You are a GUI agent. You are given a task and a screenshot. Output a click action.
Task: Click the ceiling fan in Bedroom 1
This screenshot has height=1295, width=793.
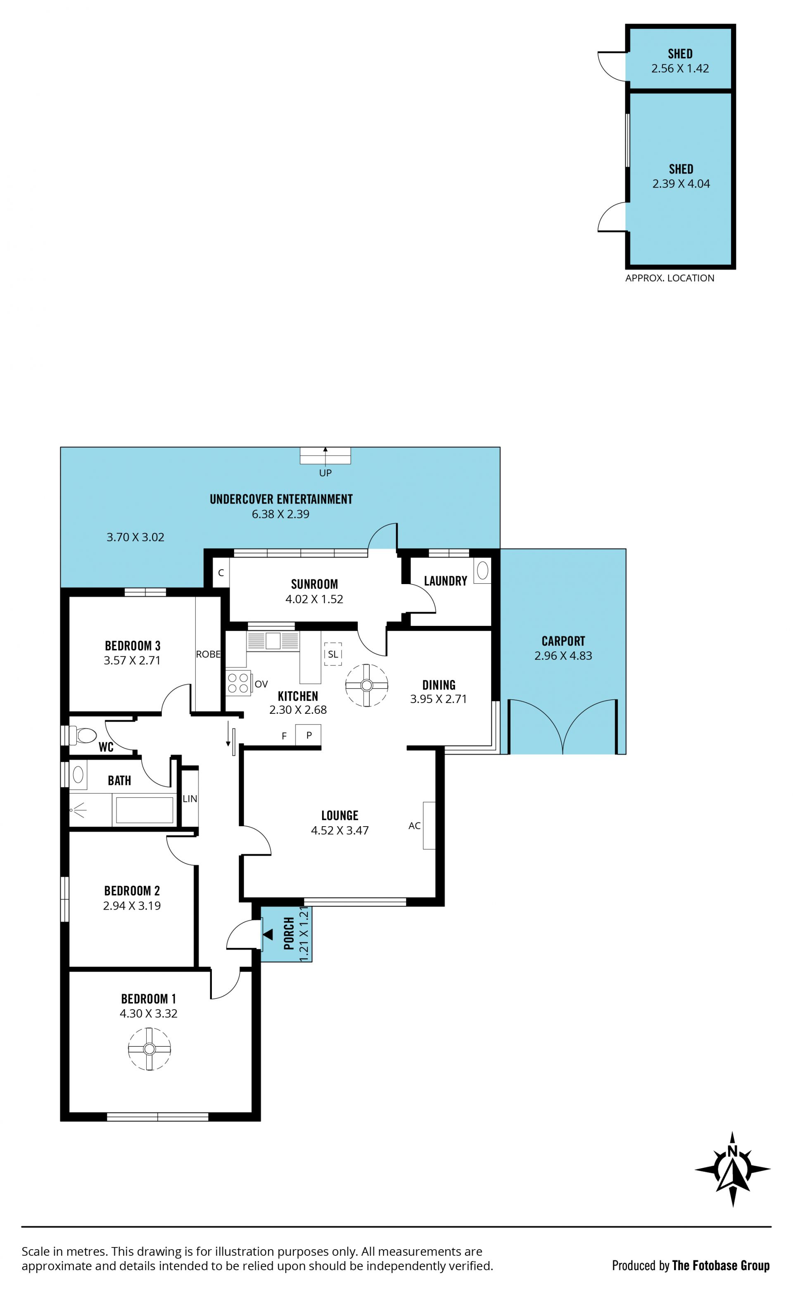point(149,1049)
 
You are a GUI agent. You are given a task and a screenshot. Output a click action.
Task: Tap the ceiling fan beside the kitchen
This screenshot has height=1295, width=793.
point(367,685)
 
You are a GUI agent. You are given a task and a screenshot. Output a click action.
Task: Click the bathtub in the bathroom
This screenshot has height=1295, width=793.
point(145,810)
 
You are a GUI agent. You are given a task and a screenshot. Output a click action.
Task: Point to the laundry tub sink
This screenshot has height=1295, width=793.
point(482,571)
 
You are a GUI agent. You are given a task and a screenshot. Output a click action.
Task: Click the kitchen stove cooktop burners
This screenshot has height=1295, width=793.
point(238,683)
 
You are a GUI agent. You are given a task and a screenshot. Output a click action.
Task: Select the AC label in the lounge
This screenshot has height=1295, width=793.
point(414,826)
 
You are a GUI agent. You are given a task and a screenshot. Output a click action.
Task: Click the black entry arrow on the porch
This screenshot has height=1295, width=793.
point(268,934)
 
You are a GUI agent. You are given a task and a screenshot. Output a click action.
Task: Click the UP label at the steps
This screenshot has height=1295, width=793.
point(325,473)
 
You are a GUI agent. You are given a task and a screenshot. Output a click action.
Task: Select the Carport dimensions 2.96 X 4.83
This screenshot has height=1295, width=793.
point(563,656)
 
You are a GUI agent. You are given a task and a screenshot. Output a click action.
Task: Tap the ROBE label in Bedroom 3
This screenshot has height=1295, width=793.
point(208,654)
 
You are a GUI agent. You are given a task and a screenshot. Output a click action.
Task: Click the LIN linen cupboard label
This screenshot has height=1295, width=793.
point(190,799)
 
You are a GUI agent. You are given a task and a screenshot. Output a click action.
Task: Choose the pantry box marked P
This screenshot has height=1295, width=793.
point(309,735)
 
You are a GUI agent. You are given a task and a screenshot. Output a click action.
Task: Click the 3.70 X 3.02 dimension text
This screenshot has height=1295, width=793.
point(135,537)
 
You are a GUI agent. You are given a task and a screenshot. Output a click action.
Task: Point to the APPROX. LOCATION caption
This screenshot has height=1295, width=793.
point(670,278)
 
